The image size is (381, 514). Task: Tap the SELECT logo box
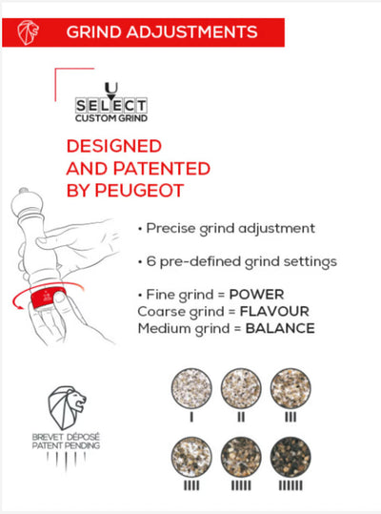pyautogui.click(x=110, y=105)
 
